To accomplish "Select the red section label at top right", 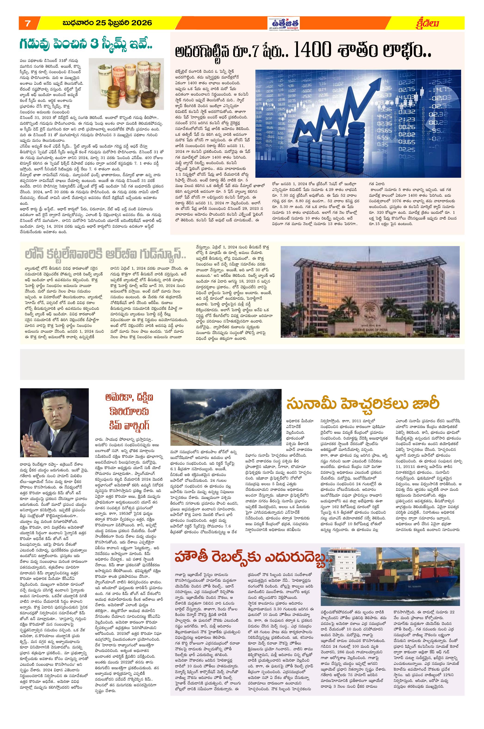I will (429, 23).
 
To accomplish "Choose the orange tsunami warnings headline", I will (363, 404).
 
